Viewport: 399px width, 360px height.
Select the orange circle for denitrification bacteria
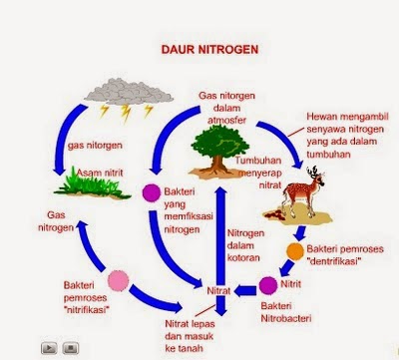pyautogui.click(x=295, y=250)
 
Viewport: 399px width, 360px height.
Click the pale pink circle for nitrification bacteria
pyautogui.click(x=122, y=280)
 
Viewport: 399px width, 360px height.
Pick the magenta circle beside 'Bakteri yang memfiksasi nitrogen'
pyautogui.click(x=152, y=194)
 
